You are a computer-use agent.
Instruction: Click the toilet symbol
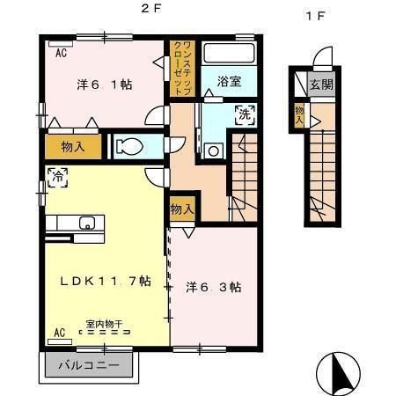[x=129, y=146]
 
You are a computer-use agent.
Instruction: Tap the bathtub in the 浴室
[x=229, y=53]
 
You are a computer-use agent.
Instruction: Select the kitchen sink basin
[x=87, y=224]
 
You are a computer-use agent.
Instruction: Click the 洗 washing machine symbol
[x=245, y=114]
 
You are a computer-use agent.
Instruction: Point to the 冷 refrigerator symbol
[x=58, y=177]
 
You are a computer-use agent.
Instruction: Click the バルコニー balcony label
[x=89, y=365]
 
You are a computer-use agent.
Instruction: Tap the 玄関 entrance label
[x=321, y=84]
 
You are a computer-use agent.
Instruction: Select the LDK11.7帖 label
[x=106, y=282]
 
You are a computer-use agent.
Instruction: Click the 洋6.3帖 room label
[x=214, y=288]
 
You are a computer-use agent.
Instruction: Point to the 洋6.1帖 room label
[x=105, y=84]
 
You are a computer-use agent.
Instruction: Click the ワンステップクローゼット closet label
[x=183, y=69]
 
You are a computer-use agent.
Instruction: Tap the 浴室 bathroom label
[x=229, y=81]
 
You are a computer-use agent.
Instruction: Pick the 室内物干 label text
[x=104, y=324]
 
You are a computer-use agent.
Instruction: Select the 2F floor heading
[x=150, y=9]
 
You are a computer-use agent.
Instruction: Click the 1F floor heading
[x=315, y=16]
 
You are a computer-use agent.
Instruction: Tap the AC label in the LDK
[x=60, y=333]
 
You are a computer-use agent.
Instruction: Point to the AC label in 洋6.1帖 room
[x=62, y=53]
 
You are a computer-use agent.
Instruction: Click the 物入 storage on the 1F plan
[x=299, y=115]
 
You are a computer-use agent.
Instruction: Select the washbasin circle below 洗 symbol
[x=213, y=151]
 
